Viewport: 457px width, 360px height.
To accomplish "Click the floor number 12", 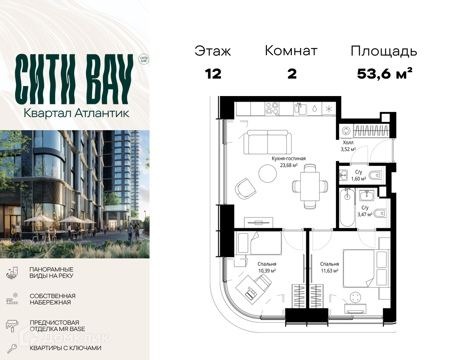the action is click(213, 74).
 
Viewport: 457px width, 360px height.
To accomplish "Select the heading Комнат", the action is click(291, 51).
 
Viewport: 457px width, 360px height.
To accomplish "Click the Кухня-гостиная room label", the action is click(288, 159).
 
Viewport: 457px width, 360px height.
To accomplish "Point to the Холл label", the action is click(348, 142).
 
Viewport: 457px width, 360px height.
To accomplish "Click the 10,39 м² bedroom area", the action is click(267, 271).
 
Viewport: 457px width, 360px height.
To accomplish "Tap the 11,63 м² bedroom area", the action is click(329, 271).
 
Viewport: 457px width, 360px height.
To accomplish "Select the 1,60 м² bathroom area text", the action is click(359, 179).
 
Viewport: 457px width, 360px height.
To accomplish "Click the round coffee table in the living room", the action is click(267, 174).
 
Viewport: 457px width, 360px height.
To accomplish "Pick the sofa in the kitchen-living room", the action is click(267, 142).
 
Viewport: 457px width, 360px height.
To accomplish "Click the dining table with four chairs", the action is click(310, 187).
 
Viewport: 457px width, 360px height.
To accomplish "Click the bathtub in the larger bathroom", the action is click(347, 207).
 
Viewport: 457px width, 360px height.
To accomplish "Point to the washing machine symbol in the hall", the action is click(346, 131).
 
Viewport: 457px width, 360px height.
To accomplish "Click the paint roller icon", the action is click(12, 325).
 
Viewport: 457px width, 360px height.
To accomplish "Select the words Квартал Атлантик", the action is click(76, 113).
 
